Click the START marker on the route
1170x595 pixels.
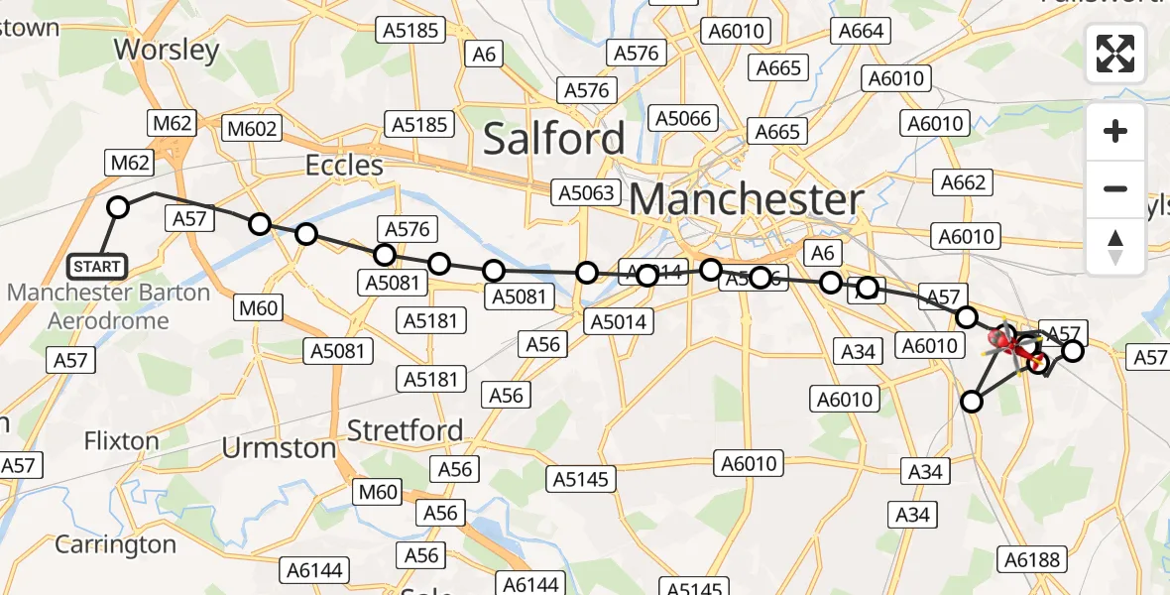click(x=97, y=267)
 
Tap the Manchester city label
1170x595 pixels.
click(x=746, y=199)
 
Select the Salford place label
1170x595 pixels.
click(x=554, y=139)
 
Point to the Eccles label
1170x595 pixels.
click(x=344, y=165)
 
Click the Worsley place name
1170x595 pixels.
click(x=167, y=50)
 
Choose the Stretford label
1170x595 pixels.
click(x=405, y=430)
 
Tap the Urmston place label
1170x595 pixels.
click(x=280, y=447)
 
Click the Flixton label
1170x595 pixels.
click(x=122, y=440)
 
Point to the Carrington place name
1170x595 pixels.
click(x=115, y=544)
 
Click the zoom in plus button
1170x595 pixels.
click(x=1115, y=131)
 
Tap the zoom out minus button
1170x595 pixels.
click(x=1115, y=188)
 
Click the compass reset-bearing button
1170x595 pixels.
click(x=1115, y=246)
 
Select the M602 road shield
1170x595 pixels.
click(x=253, y=128)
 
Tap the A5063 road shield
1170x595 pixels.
click(x=587, y=192)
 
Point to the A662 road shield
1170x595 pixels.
click(x=963, y=182)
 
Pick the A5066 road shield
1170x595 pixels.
click(x=683, y=119)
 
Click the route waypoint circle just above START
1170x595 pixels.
click(x=118, y=207)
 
